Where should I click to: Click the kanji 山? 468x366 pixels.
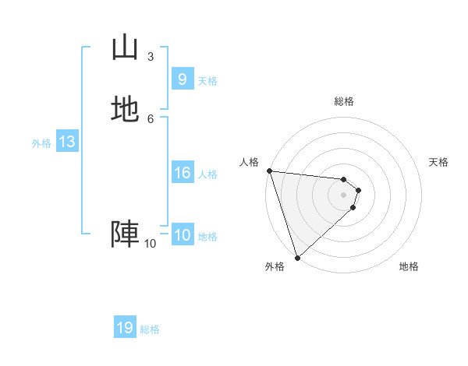tap(125, 48)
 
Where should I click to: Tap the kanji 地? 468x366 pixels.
tap(125, 109)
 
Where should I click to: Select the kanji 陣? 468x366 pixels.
tap(125, 233)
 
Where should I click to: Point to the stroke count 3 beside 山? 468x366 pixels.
tap(151, 57)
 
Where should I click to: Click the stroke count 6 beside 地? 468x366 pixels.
tap(151, 118)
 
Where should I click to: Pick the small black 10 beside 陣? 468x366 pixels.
tap(150, 244)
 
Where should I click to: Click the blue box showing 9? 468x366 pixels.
tap(182, 79)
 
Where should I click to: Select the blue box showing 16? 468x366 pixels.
tap(182, 173)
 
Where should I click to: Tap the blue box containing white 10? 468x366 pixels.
tap(182, 235)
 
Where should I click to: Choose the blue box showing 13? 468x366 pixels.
tap(66, 142)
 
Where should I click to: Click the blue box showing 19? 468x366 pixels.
tap(125, 328)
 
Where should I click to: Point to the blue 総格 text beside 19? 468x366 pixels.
tap(150, 329)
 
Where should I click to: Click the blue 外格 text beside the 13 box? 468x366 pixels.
tap(41, 143)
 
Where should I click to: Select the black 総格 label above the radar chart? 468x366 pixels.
tap(344, 101)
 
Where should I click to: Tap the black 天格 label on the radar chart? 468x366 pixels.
tap(438, 162)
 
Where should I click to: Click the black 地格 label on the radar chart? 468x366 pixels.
tap(409, 266)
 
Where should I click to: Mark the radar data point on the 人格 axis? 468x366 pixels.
tap(269, 171)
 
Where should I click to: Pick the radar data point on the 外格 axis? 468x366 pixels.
tap(297, 257)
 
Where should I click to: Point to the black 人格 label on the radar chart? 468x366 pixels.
tap(249, 162)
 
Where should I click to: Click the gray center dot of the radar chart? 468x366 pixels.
tap(344, 195)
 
